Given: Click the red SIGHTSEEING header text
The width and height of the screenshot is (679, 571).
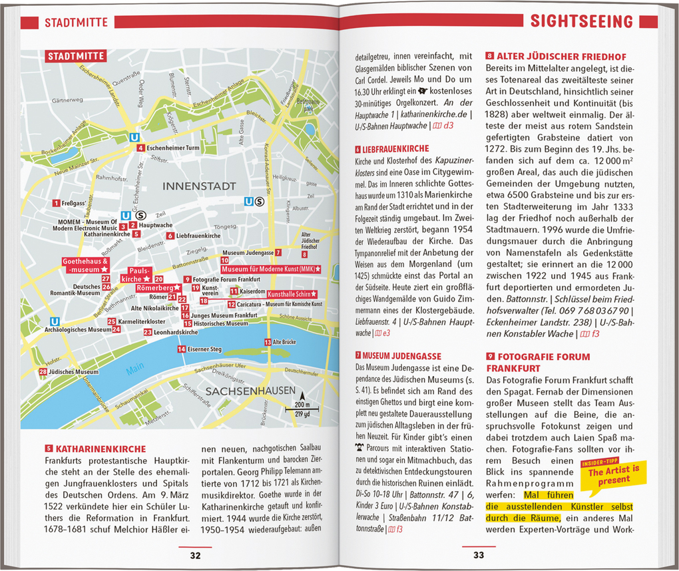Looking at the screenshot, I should [581, 22].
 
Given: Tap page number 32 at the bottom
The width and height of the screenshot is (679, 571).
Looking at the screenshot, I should [194, 555].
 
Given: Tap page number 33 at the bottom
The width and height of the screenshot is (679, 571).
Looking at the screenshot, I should [479, 555].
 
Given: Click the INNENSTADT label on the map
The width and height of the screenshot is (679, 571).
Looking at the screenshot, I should [199, 186].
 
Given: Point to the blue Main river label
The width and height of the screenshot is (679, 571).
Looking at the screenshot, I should [136, 367].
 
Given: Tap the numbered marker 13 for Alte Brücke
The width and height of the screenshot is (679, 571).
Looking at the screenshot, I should [268, 342].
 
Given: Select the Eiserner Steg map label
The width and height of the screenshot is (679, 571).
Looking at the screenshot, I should [204, 349].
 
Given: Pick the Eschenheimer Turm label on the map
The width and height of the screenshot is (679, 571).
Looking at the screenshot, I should [173, 148].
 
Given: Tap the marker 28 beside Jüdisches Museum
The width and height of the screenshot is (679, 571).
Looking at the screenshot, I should [43, 372].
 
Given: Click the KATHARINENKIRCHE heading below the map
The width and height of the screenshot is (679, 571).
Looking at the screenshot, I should [100, 449].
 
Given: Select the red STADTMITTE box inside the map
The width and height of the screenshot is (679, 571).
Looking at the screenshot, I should [76, 57].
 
